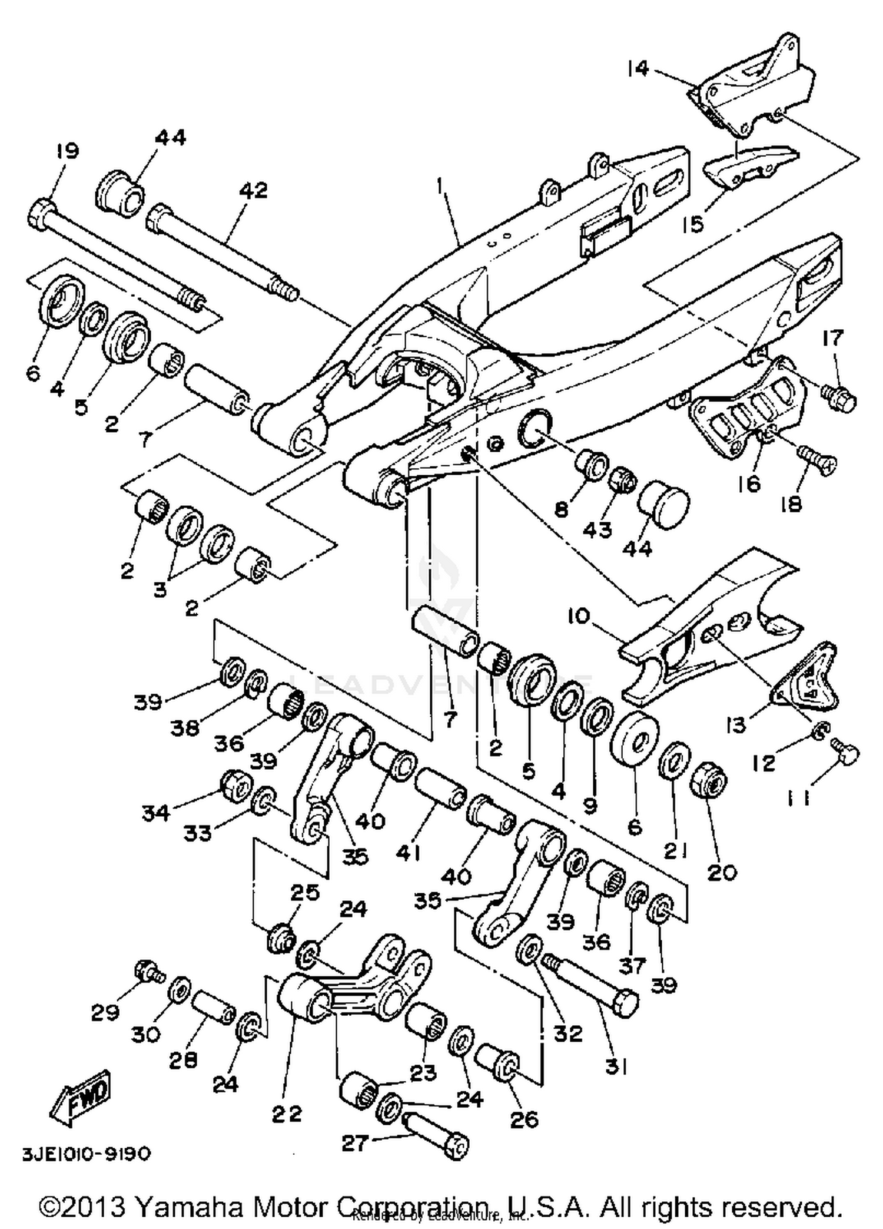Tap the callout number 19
(67, 151)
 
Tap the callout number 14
(638, 69)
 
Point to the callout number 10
(579, 617)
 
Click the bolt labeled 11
(847, 753)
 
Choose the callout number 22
(287, 1113)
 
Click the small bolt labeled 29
(147, 971)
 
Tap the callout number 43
(597, 529)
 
